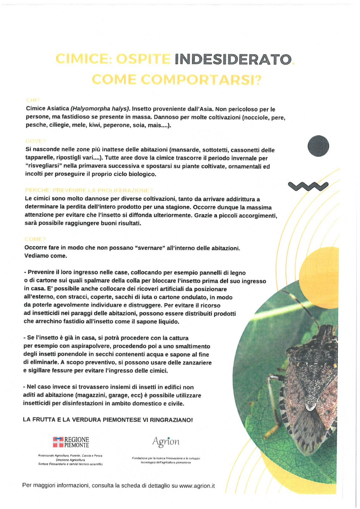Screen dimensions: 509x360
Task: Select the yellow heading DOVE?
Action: click(36, 141)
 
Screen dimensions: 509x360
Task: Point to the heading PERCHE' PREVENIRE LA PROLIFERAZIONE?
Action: click(89, 191)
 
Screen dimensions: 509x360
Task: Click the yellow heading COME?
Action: click(35, 239)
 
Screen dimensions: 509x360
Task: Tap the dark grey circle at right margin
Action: click(318, 146)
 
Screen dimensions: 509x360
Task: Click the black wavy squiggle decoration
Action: click(308, 186)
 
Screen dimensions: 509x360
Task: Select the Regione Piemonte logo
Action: click(71, 442)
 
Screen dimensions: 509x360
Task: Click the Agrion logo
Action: click(166, 442)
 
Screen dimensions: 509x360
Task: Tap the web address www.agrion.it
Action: click(197, 486)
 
